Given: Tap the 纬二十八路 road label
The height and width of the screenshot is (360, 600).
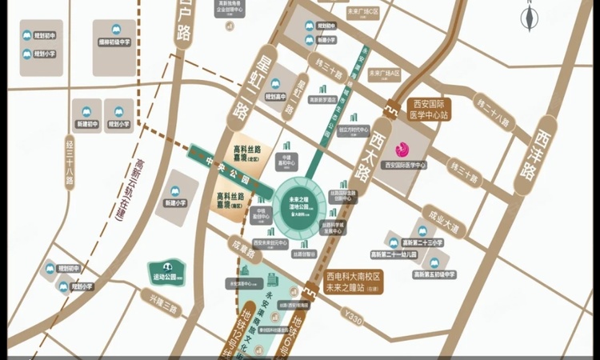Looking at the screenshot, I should tap(491, 112).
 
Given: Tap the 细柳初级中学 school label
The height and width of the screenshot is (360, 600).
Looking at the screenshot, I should tap(115, 54).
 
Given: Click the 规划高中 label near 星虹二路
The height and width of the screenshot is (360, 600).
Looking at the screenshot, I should tap(275, 95).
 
